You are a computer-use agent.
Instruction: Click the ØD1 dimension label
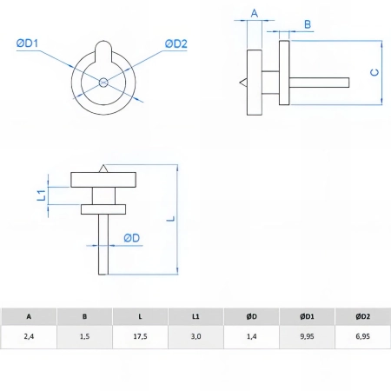point(27,43)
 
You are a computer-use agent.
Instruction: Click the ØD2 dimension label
point(176,43)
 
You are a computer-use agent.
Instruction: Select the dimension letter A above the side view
point(255,13)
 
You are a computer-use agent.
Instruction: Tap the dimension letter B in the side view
point(308,24)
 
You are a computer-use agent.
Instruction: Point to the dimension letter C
point(374,72)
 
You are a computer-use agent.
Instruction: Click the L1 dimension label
point(42,195)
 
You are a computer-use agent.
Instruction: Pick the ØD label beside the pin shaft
point(132,238)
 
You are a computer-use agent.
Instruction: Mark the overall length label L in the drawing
point(171,218)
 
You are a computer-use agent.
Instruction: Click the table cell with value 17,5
point(140,336)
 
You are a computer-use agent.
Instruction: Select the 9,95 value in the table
point(307,336)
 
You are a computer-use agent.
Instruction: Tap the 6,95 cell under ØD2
point(363,336)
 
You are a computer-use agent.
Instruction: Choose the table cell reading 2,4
point(29,336)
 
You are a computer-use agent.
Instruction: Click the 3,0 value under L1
point(195,336)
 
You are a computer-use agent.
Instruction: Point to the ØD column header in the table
point(251,316)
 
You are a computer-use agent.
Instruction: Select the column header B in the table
point(84,316)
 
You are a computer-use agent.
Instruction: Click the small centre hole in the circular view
point(103,83)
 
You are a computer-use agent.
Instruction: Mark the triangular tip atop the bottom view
point(103,169)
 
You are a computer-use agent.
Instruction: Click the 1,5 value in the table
point(84,336)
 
